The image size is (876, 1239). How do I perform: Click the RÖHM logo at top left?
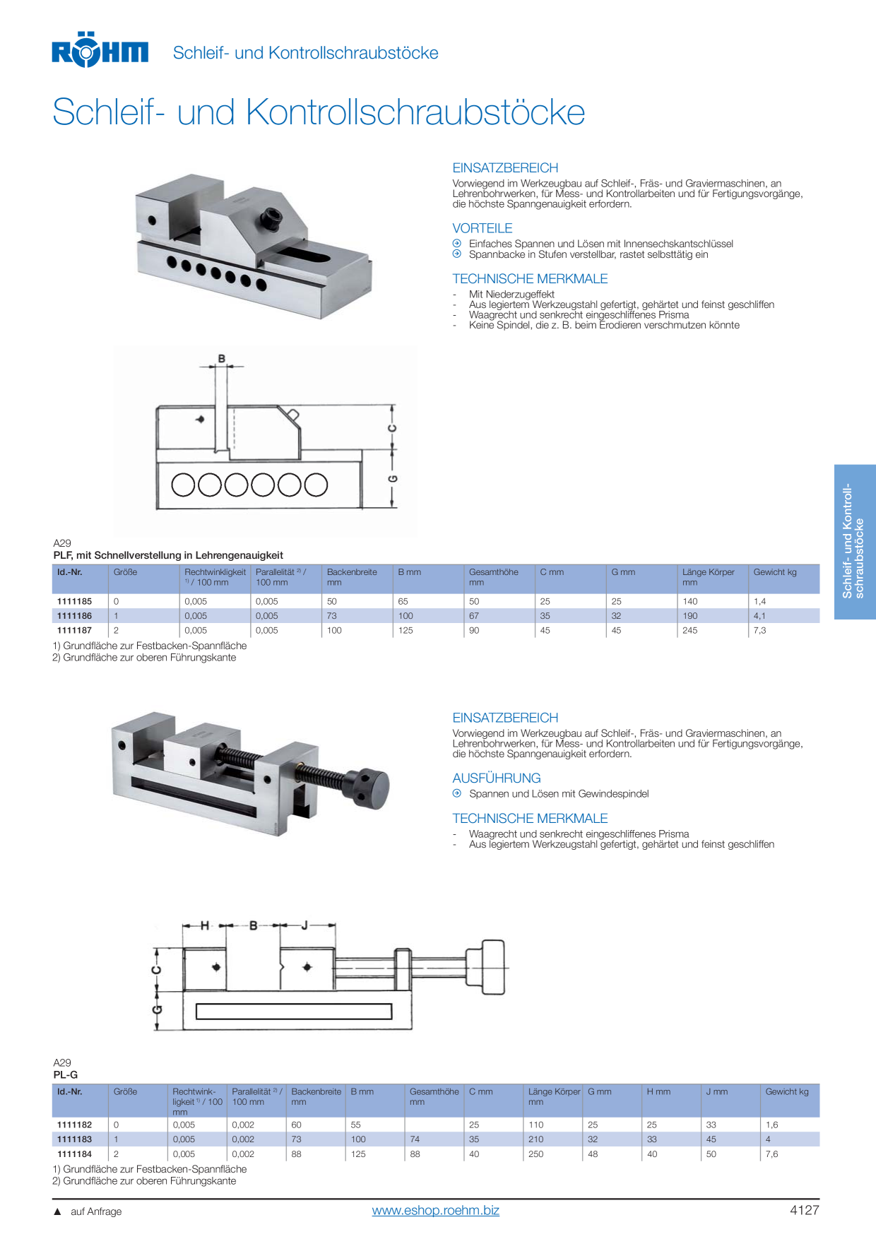tap(100, 49)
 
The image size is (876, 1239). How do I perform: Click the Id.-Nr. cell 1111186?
tap(74, 616)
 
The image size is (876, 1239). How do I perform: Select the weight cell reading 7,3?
tap(759, 630)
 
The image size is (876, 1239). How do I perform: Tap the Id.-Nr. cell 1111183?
tap(74, 1139)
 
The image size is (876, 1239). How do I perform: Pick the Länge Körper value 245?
tap(689, 630)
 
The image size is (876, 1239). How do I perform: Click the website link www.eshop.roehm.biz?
tap(435, 1210)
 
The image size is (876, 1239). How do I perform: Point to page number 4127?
tap(804, 1210)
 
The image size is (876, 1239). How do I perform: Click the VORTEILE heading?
tap(483, 228)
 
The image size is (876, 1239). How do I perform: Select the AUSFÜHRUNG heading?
tap(497, 778)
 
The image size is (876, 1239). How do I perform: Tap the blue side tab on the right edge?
tap(855, 542)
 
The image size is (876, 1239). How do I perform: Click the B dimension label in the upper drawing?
tap(222, 359)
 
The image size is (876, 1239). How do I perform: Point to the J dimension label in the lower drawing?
tap(304, 925)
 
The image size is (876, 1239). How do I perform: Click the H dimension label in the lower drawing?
tap(205, 925)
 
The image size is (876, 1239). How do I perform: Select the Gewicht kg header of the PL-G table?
tap(787, 1091)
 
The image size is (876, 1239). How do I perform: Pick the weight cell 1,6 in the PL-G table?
tap(771, 1125)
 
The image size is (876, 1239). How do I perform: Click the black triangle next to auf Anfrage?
tap(58, 1211)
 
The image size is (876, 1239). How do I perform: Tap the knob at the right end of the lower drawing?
tap(494, 967)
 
